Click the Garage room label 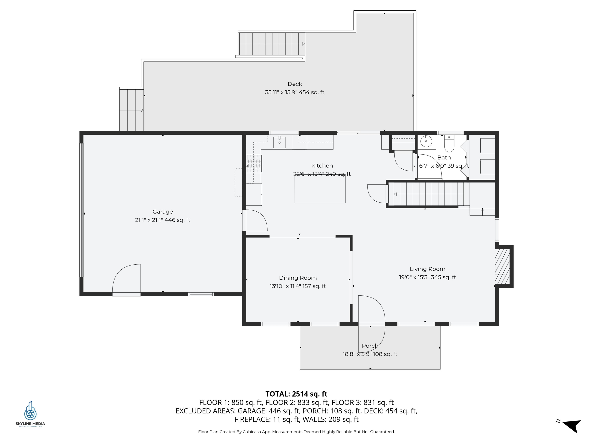coord(163,212)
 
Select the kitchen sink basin coord(279,142)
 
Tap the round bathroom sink coord(426,141)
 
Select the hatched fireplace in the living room coord(502,266)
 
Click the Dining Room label coord(298,278)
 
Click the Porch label coord(370,346)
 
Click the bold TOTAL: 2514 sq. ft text coord(296,394)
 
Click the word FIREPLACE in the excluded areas coord(252,419)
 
